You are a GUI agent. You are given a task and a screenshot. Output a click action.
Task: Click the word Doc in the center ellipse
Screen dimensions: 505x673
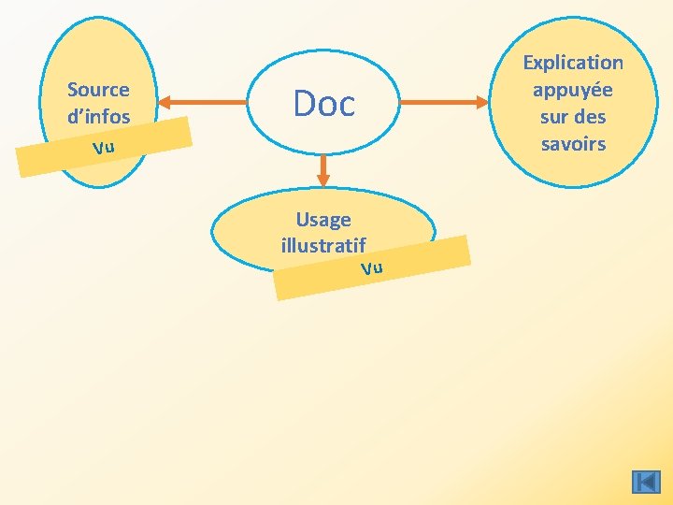324,103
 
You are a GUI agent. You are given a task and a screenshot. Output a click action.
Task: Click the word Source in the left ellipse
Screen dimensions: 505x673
98,90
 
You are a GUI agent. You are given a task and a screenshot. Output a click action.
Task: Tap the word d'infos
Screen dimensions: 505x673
98,117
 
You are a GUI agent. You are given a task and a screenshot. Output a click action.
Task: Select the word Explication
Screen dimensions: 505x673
573,63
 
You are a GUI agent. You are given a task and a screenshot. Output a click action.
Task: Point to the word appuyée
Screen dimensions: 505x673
573,90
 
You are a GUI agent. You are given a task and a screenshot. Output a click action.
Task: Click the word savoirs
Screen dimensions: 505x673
573,144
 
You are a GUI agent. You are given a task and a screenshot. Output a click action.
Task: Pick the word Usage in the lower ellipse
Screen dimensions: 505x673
323,220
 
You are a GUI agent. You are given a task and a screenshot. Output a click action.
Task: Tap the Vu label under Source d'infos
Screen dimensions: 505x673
103,148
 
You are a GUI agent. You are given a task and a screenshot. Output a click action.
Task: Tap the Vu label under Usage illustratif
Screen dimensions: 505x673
372,268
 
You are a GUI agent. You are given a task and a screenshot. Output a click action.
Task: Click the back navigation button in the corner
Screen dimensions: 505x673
646,483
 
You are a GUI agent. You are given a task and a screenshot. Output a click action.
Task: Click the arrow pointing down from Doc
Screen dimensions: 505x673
323,169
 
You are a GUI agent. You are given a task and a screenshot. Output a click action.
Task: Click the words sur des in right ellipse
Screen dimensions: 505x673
573,117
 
